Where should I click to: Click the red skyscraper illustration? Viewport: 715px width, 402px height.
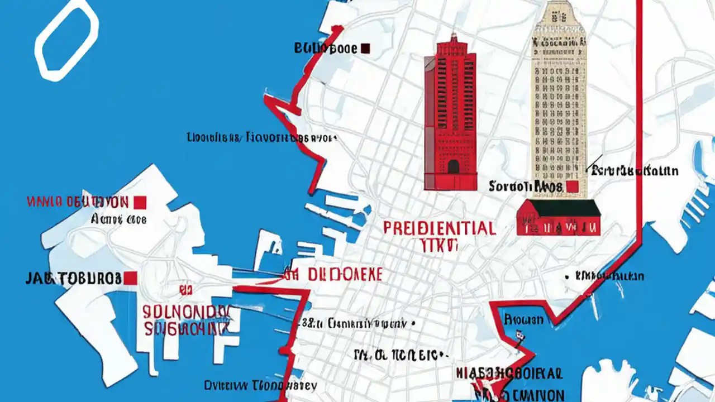(x=451, y=117)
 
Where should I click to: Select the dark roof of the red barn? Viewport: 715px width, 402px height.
(x=559, y=208)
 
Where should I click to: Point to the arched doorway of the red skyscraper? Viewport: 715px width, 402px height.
(x=453, y=166)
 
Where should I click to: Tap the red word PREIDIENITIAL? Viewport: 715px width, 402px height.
(x=440, y=228)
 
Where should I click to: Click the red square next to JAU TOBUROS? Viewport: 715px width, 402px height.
(x=131, y=277)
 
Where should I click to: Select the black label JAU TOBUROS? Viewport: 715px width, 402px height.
(x=73, y=278)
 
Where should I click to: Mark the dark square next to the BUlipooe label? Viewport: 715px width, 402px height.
(x=366, y=49)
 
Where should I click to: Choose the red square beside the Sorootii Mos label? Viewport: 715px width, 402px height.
(x=571, y=186)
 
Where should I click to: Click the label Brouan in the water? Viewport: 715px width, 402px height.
(x=523, y=320)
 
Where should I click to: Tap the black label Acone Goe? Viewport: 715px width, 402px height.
(x=118, y=219)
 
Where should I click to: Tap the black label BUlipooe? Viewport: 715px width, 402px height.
(x=325, y=49)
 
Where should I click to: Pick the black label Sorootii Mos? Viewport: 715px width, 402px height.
(x=525, y=186)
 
